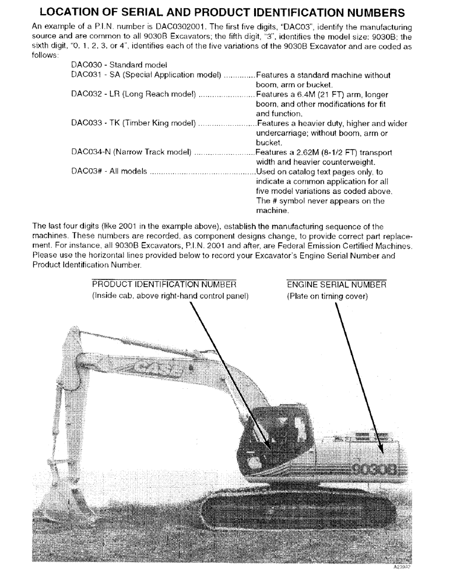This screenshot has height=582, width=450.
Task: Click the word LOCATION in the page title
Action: pyautogui.click(x=74, y=12)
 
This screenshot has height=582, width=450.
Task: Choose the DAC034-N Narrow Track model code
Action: pyautogui.click(x=92, y=152)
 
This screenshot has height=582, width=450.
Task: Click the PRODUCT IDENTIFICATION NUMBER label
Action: pyautogui.click(x=164, y=285)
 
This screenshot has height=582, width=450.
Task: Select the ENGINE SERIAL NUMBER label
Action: pyautogui.click(x=336, y=285)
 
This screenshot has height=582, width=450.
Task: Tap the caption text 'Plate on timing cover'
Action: pyautogui.click(x=327, y=296)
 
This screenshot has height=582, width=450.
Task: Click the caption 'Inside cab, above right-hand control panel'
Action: pyautogui.click(x=171, y=296)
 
